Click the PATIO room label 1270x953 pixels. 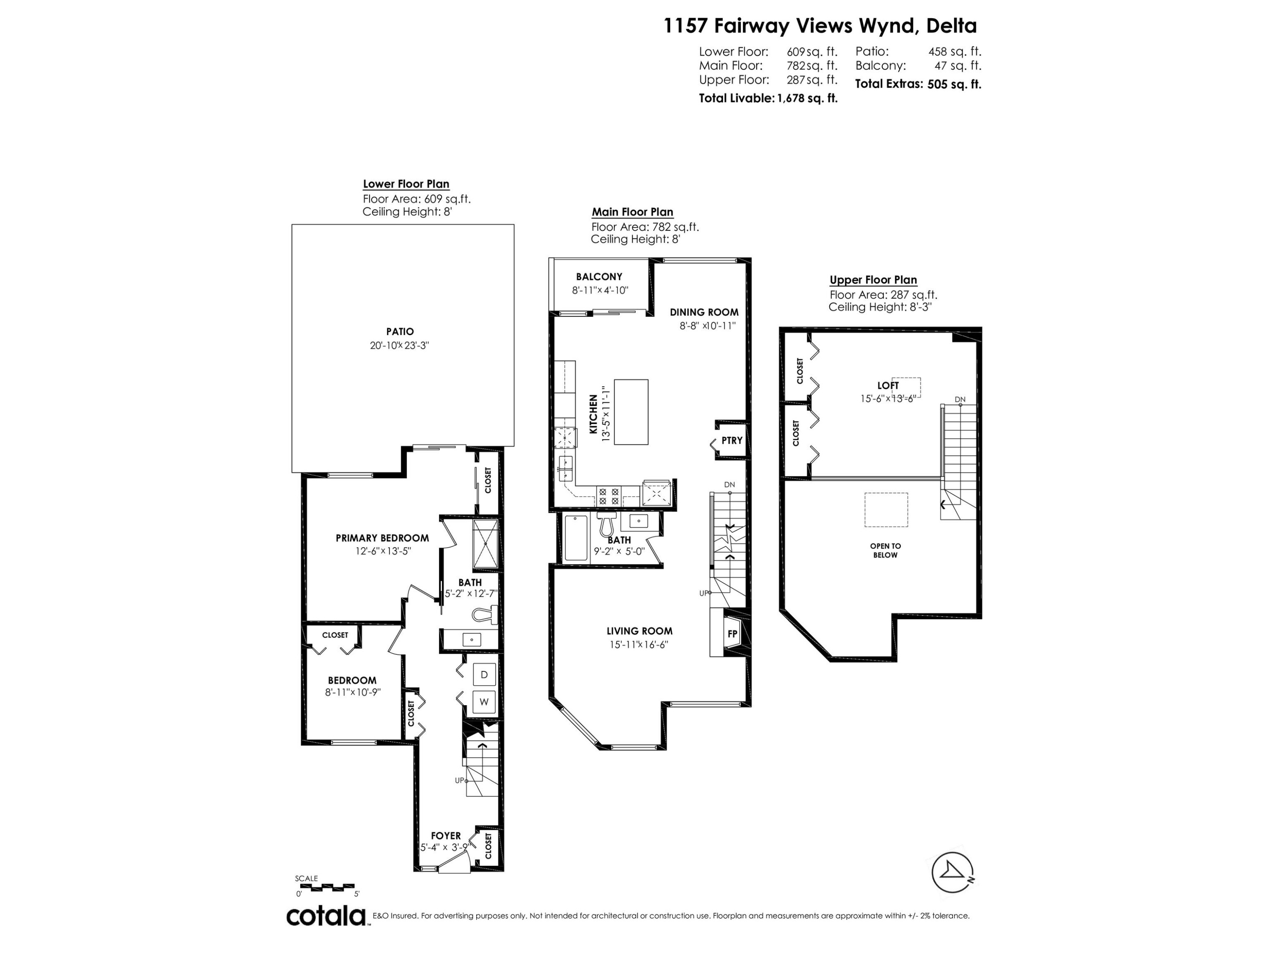pyautogui.click(x=400, y=332)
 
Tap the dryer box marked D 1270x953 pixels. pyautogui.click(x=484, y=674)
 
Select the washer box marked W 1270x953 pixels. pyautogui.click(x=484, y=702)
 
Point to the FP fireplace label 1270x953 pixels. pyautogui.click(x=732, y=634)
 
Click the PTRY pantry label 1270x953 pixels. pyautogui.click(x=732, y=440)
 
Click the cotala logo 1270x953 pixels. pyautogui.click(x=326, y=916)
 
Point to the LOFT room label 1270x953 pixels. pyautogui.click(x=888, y=385)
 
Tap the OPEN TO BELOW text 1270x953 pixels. pyautogui.click(x=885, y=550)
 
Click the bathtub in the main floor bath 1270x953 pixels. pyautogui.click(x=576, y=537)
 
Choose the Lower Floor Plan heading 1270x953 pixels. pyautogui.click(x=406, y=184)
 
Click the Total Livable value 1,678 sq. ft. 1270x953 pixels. pyautogui.click(x=807, y=98)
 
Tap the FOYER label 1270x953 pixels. pyautogui.click(x=446, y=836)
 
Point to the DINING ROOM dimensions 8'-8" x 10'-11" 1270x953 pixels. pyautogui.click(x=708, y=326)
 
